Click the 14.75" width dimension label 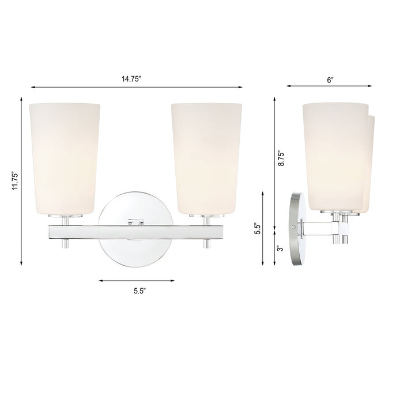136,79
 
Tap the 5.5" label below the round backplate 137,290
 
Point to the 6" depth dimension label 330,79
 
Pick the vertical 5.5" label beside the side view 260,229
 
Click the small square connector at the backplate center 136,220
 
